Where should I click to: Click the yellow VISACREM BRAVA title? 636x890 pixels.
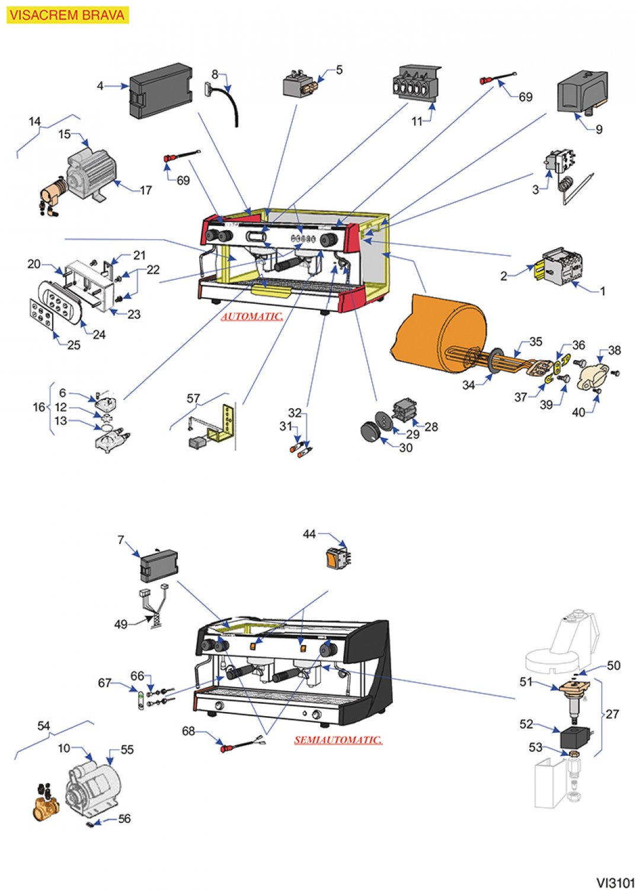(67, 15)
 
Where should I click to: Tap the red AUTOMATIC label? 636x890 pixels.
(252, 316)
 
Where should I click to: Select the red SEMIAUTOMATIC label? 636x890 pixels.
(338, 740)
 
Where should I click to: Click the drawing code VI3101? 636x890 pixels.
(615, 882)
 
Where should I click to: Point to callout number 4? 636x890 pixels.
(100, 86)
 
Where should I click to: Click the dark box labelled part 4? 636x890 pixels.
(161, 91)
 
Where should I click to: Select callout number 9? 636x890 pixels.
(599, 129)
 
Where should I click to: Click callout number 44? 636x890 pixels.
(309, 534)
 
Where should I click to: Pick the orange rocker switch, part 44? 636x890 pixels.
(335, 559)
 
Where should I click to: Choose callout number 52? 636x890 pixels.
(526, 724)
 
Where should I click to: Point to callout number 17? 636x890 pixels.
(146, 190)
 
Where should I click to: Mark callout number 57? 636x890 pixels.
(193, 398)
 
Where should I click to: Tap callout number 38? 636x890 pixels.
(615, 350)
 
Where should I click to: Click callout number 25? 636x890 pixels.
(73, 345)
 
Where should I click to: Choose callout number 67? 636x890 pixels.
(104, 683)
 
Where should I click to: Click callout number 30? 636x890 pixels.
(405, 447)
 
